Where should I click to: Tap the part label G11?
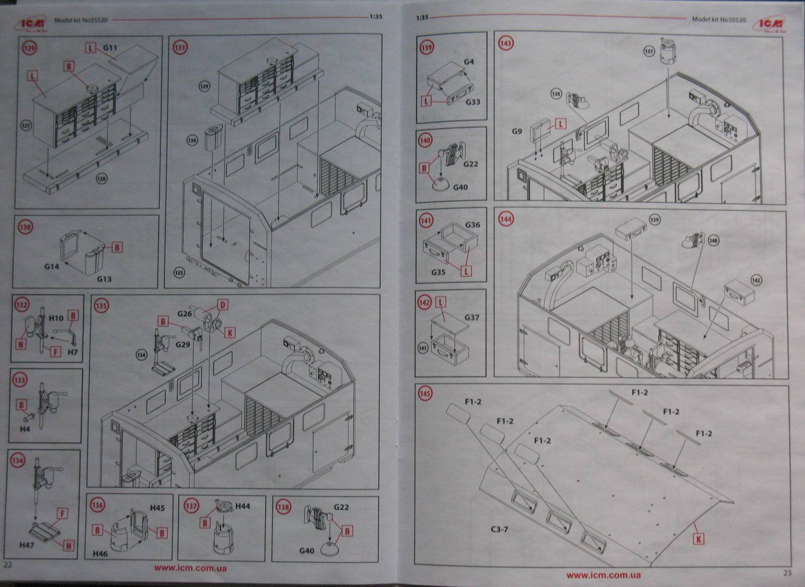coord(110,48)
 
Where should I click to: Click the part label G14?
coord(52,266)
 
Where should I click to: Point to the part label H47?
coord(27,545)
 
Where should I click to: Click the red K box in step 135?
coord(230,332)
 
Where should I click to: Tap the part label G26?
coord(185,314)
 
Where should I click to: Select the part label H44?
coord(243,506)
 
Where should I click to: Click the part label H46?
coord(100,554)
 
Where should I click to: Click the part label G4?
coord(469,62)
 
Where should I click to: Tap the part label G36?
coord(472,225)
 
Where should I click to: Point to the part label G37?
coord(472,317)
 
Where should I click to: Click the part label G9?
coord(516,131)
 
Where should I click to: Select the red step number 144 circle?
coord(505,219)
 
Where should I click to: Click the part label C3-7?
coord(499,529)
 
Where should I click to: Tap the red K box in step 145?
coord(699,539)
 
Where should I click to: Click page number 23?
coord(787,573)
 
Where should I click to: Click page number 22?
coord(8,565)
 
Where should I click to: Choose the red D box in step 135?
coord(222,305)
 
